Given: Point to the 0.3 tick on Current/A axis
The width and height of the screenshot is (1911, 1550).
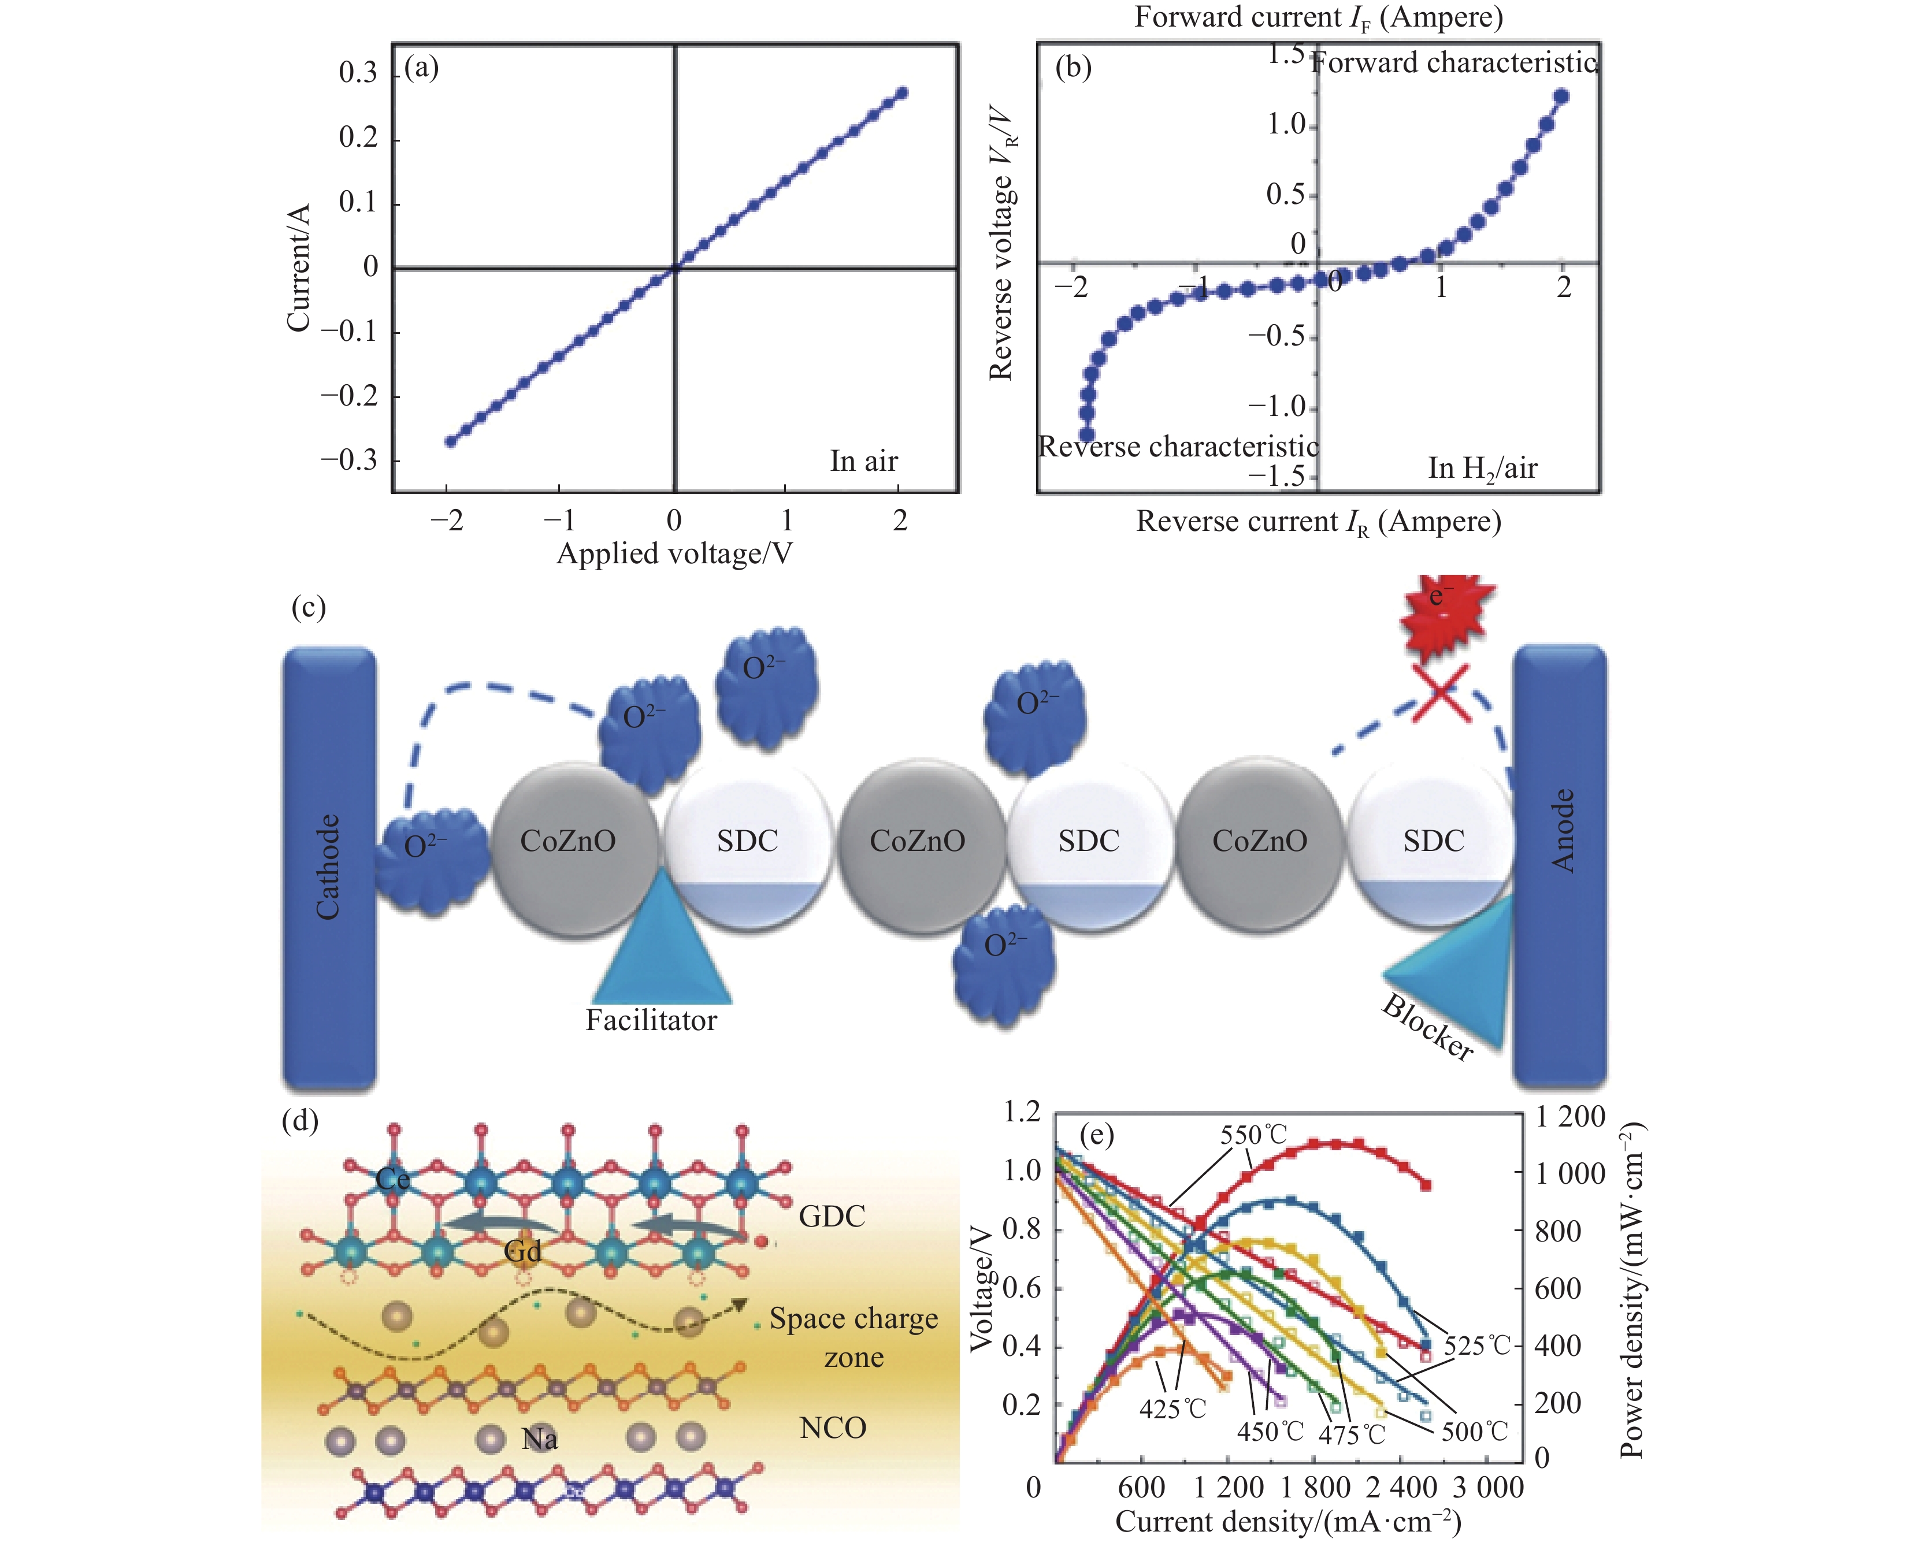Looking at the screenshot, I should pos(358,72).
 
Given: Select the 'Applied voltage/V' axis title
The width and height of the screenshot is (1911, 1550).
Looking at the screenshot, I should pos(674,555).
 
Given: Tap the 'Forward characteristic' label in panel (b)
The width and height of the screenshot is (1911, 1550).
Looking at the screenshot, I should pos(1453,62).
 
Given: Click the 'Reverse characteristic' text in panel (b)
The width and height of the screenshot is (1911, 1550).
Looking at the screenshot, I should pos(1178,447).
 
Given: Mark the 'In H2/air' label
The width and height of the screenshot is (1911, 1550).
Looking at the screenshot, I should pos(1482,469).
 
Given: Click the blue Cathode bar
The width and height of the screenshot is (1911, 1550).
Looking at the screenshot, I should pos(329,866).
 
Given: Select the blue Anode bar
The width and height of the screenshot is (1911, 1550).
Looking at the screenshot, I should pos(1559,866).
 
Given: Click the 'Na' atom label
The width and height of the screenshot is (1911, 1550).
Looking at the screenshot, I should pos(539,1439).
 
